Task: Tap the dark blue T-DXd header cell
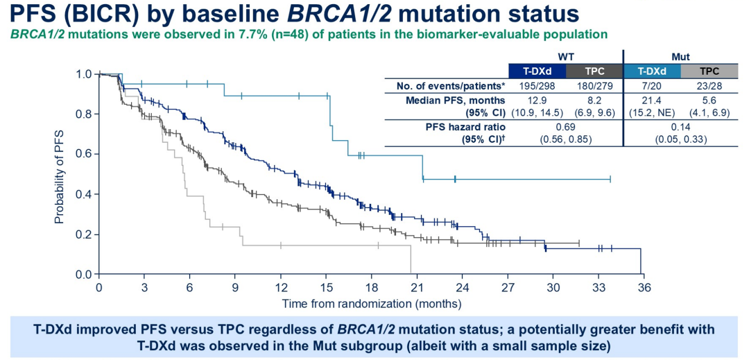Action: tap(537, 70)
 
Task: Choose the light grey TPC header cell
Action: tap(709, 70)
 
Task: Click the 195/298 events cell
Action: tap(537, 85)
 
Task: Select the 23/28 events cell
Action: tap(709, 85)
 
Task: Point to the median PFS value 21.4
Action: tap(653, 101)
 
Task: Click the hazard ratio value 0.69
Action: tap(565, 128)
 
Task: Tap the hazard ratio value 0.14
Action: tap(681, 128)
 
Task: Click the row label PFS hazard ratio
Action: tap(466, 128)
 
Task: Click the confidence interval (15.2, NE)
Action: tap(653, 112)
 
